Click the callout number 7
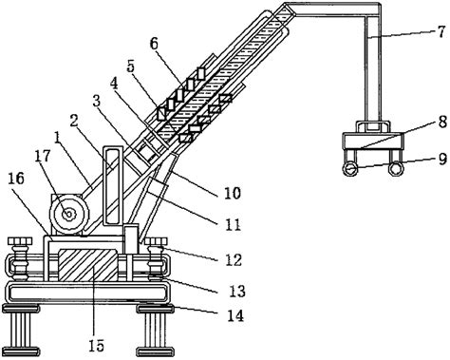pos(441,32)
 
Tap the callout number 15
pos(97,345)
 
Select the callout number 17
pos(43,156)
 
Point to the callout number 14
pos(235,315)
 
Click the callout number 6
pos(154,44)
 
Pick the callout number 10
pos(233,193)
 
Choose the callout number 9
pos(442,160)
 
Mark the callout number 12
pos(234,259)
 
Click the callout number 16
pos(16,179)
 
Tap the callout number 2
pos(74,121)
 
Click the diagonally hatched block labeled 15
pos(88,265)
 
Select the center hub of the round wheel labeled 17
pos(68,215)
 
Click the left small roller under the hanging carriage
pos(350,169)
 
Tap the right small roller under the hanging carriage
pos(395,169)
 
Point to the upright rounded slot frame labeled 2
pos(113,186)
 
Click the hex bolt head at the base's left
pos(20,241)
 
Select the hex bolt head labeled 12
pos(157,241)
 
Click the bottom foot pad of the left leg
pos(21,351)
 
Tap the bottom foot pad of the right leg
pos(156,351)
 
